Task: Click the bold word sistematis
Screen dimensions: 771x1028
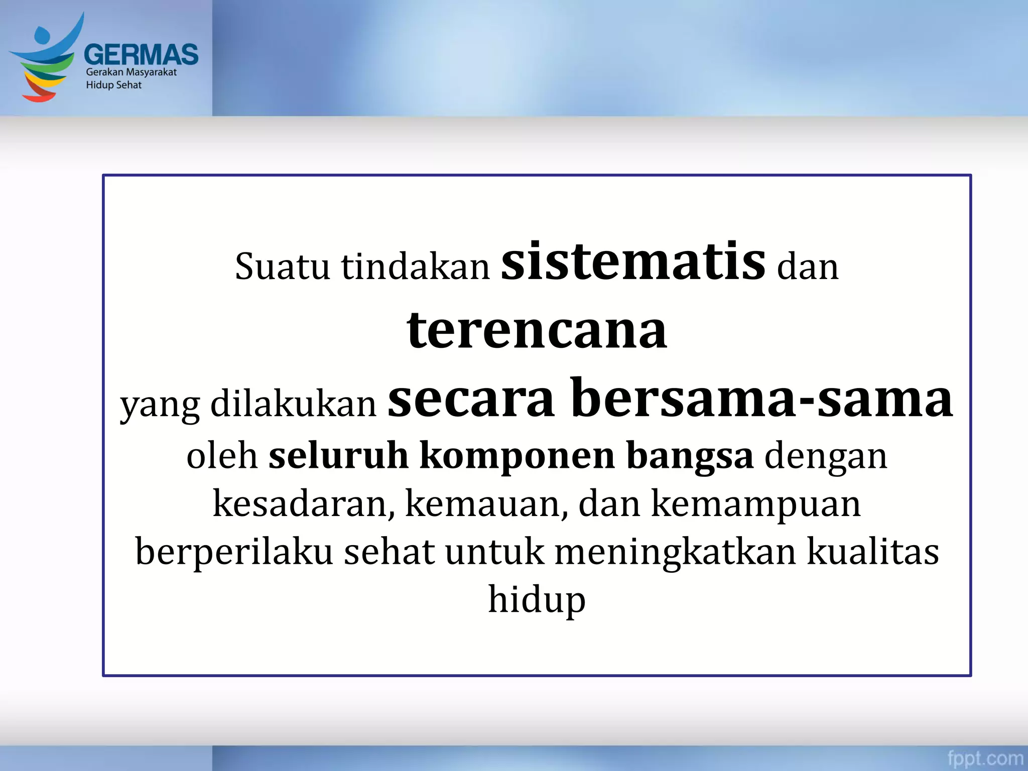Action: click(x=633, y=262)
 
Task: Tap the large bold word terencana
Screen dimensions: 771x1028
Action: click(x=537, y=330)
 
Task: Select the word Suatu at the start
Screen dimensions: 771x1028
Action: click(x=282, y=267)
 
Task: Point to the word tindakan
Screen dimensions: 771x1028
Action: click(x=415, y=267)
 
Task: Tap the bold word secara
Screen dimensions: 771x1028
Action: click(x=471, y=399)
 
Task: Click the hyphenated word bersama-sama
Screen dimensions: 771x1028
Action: click(x=761, y=399)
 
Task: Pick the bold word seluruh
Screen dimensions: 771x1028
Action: click(x=338, y=456)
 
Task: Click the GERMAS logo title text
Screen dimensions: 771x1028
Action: click(x=141, y=54)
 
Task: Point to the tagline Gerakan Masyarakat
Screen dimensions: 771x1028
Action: click(x=131, y=72)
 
